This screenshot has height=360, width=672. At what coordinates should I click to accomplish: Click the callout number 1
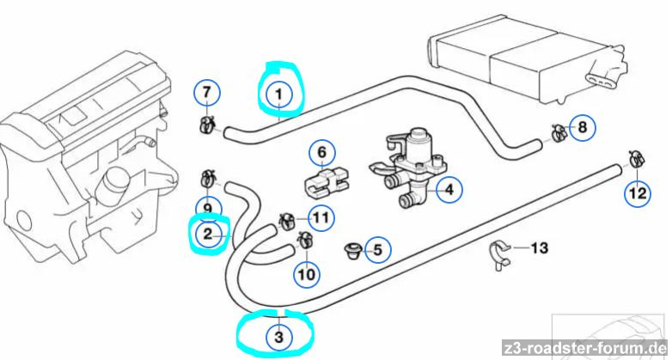(x=278, y=91)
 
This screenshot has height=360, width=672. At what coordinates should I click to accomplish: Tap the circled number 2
(x=208, y=233)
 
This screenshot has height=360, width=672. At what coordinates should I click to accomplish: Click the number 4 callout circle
(x=446, y=190)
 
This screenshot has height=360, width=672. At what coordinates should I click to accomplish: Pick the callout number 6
(x=321, y=155)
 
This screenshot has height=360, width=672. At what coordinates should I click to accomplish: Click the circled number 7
(x=206, y=91)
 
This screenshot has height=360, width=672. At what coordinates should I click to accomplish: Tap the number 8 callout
(x=582, y=129)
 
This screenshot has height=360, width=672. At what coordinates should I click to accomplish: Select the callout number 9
(x=209, y=207)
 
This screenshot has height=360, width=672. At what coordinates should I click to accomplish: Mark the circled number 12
(x=637, y=193)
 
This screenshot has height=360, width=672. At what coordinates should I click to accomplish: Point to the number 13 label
(x=539, y=249)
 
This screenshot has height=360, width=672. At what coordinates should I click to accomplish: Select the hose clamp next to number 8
(x=556, y=131)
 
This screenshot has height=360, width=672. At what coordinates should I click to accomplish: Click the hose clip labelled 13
(x=498, y=253)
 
